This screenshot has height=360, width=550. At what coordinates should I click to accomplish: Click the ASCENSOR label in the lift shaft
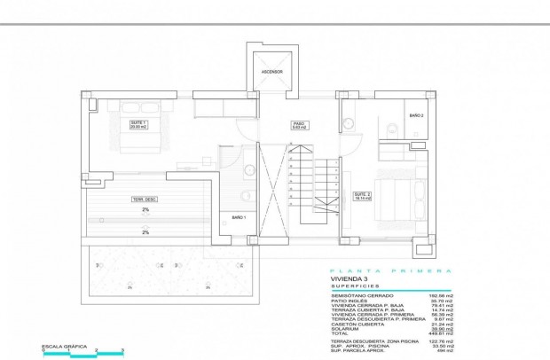click(271, 71)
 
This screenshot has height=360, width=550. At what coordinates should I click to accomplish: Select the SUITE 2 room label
click(361, 197)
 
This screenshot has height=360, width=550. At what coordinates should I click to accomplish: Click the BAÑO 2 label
click(416, 116)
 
